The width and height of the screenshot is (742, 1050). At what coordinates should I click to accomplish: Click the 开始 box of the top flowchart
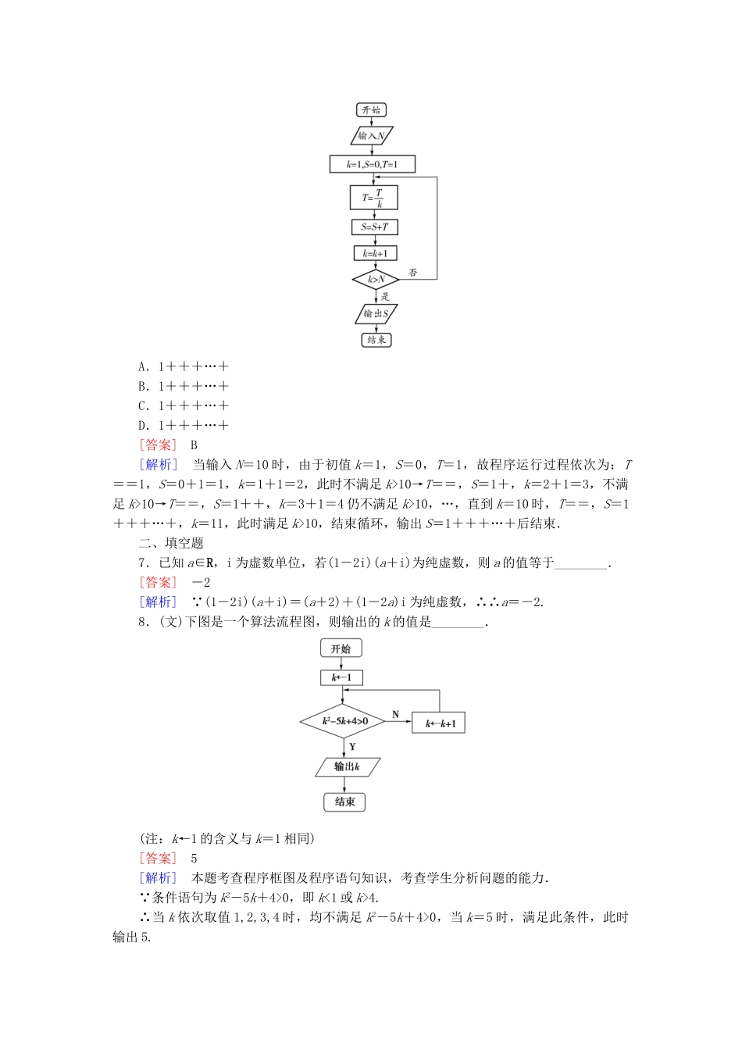[x=371, y=110]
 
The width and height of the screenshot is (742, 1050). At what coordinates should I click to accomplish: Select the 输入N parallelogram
[x=371, y=136]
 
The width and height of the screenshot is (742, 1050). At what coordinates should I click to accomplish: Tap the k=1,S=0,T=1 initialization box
[x=372, y=164]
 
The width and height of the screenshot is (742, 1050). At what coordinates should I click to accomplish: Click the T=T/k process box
[x=373, y=198]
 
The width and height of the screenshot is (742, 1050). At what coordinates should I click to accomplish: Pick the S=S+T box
[x=374, y=227]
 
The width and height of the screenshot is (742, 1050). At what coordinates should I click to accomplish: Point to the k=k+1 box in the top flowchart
[x=375, y=253]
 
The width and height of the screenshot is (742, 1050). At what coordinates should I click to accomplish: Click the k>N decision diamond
[x=376, y=279]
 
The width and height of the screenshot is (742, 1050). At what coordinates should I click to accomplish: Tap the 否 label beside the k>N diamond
[x=412, y=273]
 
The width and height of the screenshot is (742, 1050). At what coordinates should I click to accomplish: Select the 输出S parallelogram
[x=376, y=314]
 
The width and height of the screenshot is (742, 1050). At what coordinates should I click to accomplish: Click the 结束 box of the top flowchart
[x=376, y=340]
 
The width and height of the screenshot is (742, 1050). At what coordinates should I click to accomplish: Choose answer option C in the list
[x=184, y=406]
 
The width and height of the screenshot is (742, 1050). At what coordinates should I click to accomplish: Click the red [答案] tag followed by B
[x=159, y=445]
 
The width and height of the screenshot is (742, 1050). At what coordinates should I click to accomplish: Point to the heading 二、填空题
[x=171, y=543]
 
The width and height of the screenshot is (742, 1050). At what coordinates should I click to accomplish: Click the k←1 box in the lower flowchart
[x=341, y=677]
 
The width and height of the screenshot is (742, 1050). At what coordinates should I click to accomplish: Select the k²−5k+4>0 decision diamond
[x=343, y=721]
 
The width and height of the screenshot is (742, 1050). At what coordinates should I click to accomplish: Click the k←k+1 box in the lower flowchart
[x=440, y=723]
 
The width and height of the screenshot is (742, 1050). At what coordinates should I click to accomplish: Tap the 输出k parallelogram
[x=347, y=766]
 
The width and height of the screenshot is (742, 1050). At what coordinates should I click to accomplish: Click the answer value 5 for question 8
[x=194, y=858]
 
